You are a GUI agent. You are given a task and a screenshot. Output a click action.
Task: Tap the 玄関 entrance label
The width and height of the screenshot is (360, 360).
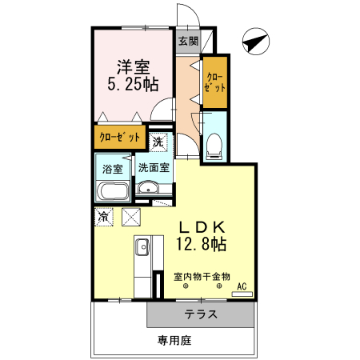click(188, 41)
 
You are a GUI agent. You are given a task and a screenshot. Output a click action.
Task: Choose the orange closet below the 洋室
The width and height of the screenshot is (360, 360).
click(121, 138)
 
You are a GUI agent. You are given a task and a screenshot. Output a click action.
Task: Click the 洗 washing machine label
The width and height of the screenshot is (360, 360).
click(158, 142)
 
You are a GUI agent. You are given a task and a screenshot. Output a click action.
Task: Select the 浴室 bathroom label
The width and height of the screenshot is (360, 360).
click(113, 169)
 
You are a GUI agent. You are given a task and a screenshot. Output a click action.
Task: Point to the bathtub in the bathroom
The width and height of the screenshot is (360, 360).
click(113, 192)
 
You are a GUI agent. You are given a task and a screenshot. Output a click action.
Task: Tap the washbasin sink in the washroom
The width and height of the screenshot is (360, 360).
click(147, 189)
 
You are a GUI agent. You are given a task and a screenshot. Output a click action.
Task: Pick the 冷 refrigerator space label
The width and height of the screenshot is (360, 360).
click(104, 216)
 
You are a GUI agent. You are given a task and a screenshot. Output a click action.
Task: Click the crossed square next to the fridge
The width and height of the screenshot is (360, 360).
click(131, 217)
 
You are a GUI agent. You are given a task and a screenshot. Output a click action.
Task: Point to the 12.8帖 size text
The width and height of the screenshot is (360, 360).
click(200, 243)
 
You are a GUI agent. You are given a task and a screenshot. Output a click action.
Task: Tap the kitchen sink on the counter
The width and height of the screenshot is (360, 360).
click(142, 248)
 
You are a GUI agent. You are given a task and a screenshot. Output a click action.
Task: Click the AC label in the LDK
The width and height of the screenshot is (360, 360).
click(242, 286)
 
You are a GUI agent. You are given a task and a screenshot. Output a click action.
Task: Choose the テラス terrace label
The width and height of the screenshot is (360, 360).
click(202, 314)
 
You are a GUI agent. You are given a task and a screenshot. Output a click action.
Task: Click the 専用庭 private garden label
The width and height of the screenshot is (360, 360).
click(174, 341)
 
